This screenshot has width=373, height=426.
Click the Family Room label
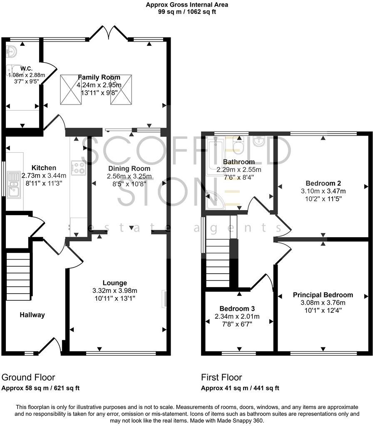tap(99, 77)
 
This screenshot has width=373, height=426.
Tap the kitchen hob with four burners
tap(78, 168)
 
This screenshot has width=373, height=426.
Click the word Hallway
tap(32, 315)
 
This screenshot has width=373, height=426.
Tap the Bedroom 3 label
tap(237, 309)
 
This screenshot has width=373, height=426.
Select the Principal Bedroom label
tap(323, 295)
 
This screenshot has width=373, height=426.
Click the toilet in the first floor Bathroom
tap(239, 146)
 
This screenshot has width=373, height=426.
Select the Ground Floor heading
tap(28, 377)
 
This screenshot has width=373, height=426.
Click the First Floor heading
tap(221, 377)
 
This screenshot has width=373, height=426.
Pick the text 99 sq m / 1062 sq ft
tap(186, 12)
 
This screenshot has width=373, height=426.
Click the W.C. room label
tap(27, 68)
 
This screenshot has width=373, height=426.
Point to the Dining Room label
tap(129, 168)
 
